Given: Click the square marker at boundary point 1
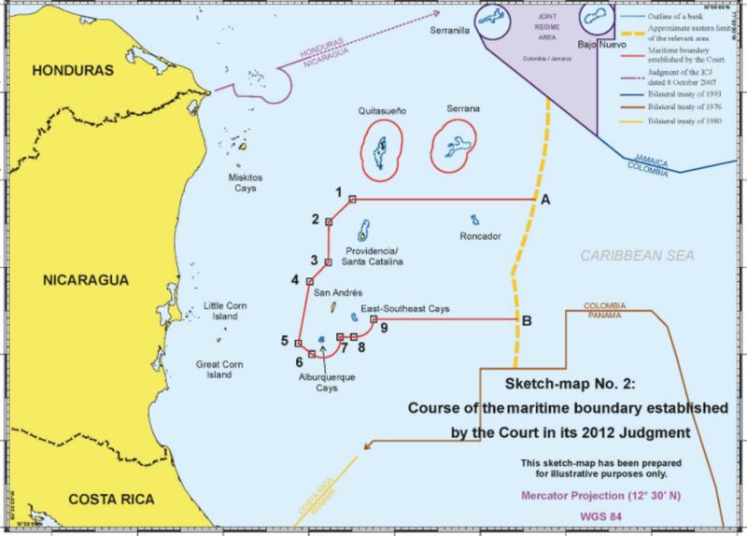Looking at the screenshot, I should click(352, 199).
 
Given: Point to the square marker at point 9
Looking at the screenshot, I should click(373, 319).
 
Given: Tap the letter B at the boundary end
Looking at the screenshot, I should click(528, 321).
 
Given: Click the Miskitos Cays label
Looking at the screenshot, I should click(247, 182).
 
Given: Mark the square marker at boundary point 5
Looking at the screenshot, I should click(298, 342).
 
